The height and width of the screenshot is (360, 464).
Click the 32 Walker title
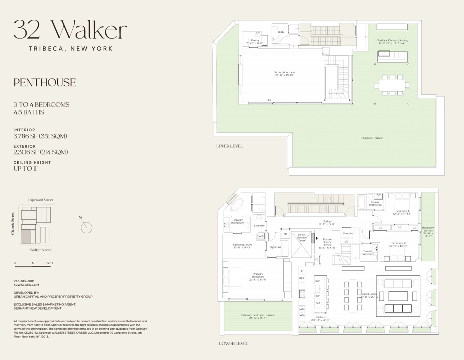(x=70, y=30)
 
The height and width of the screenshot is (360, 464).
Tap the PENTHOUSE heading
(x=45, y=82)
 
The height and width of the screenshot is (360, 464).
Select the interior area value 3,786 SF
(x=40, y=136)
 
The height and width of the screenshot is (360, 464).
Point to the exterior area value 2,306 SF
(x=41, y=152)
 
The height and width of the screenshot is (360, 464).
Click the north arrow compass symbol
(x=86, y=227)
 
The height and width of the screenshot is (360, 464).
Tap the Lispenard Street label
(x=40, y=200)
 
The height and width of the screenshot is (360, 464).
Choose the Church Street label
(x=13, y=224)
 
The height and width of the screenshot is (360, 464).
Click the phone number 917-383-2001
(x=24, y=281)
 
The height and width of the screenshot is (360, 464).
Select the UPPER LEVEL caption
(x=229, y=146)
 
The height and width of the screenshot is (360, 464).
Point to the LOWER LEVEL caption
(x=233, y=343)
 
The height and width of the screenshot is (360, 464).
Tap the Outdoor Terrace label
(x=372, y=138)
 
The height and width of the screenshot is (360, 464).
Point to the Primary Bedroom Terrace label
(x=258, y=316)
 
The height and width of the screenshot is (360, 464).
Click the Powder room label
(x=348, y=233)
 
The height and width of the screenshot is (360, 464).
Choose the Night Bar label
(x=275, y=247)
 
